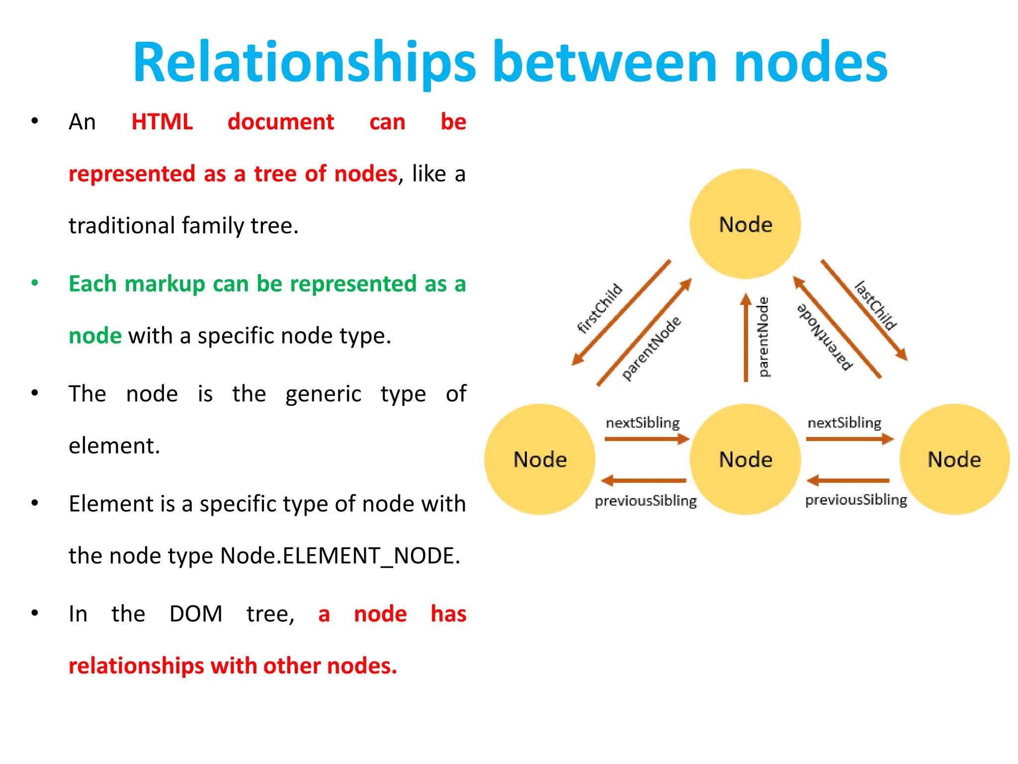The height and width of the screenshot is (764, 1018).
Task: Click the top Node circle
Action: (745, 224)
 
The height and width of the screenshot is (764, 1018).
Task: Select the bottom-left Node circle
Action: (540, 459)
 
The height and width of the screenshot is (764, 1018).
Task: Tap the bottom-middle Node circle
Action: (745, 459)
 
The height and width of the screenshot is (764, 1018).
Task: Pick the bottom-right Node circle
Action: (954, 459)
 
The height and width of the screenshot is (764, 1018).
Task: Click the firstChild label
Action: (600, 308)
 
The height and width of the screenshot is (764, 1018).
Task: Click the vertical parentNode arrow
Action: (746, 338)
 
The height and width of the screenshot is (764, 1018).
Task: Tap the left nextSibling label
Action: (642, 423)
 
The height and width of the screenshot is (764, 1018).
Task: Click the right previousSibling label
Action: (856, 499)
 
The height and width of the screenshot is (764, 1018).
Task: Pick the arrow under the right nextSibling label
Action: (849, 439)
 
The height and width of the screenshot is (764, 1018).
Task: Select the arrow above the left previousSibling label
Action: (644, 480)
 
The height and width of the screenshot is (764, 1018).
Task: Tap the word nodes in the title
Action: (810, 63)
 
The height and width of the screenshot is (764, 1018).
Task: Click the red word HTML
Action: (162, 122)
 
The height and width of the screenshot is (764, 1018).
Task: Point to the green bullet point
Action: (35, 283)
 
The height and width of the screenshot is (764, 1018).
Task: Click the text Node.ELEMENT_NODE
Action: (340, 556)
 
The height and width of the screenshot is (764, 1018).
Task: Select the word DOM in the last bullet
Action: (196, 614)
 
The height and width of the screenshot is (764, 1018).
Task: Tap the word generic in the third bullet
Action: (323, 394)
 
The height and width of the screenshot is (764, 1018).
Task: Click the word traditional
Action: (121, 225)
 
